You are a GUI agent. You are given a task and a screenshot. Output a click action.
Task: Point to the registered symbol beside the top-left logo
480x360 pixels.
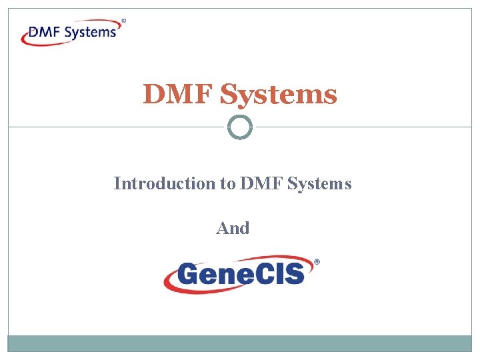pyautogui.click(x=124, y=21)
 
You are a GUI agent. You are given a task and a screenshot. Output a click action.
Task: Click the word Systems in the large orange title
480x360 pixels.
pyautogui.click(x=279, y=95)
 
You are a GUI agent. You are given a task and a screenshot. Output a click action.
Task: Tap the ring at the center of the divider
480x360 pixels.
pyautogui.click(x=240, y=127)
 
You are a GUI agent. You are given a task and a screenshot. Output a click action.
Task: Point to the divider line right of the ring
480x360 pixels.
pyautogui.click(x=363, y=127)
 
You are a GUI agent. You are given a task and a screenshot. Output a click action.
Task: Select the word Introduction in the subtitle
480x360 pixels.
pyautogui.click(x=164, y=183)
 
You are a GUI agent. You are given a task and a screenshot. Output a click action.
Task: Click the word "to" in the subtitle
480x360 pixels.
pyautogui.click(x=227, y=183)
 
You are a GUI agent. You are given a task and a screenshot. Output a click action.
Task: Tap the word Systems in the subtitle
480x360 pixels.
pyautogui.click(x=319, y=183)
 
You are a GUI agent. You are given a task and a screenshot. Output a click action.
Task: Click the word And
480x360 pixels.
pyautogui.click(x=233, y=228)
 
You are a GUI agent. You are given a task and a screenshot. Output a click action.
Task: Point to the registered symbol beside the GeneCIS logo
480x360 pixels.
pyautogui.click(x=317, y=263)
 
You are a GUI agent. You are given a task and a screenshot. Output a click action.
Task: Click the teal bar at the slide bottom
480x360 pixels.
pyautogui.click(x=240, y=343)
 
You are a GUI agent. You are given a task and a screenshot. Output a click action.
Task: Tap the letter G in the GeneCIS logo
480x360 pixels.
pyautogui.click(x=189, y=273)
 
